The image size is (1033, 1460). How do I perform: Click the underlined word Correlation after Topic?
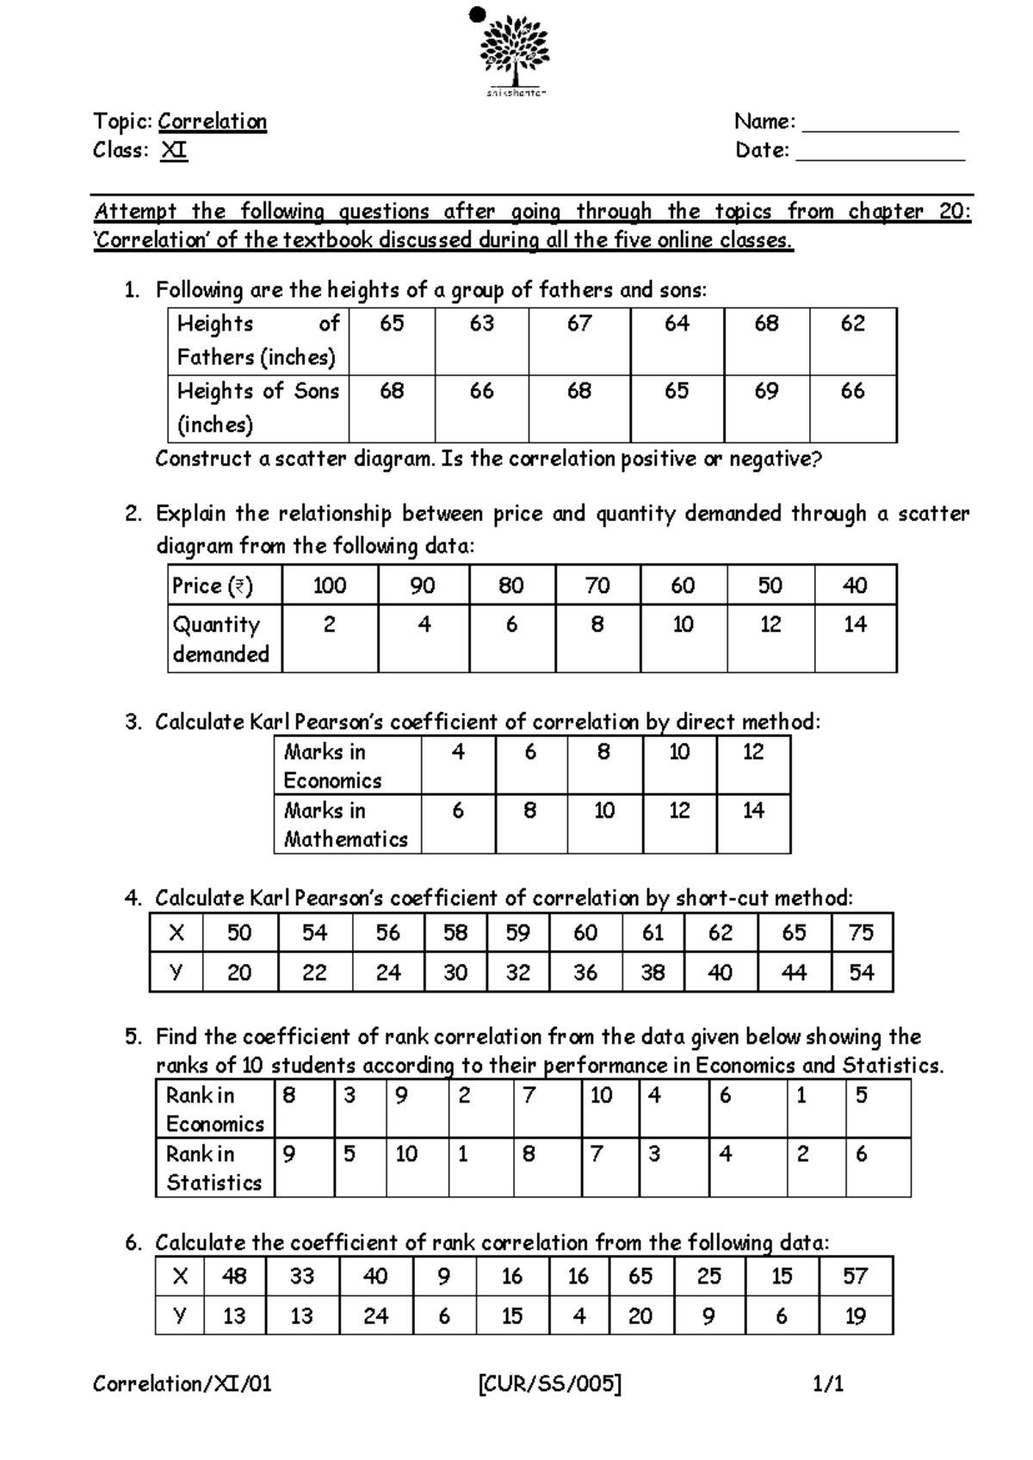212,121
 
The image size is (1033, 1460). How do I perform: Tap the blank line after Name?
880,126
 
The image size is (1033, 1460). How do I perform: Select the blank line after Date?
880,155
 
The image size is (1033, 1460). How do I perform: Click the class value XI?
174,151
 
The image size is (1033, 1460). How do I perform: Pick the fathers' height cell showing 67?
579,324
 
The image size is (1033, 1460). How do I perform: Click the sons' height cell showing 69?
766,391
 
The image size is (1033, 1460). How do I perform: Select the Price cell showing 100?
330,585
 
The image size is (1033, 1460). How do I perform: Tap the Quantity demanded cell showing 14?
855,624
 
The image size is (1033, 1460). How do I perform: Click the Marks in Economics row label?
332,765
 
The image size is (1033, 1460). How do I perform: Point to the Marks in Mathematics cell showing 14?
753,810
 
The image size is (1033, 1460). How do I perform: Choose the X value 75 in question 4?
861,932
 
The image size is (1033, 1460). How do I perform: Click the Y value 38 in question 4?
653,972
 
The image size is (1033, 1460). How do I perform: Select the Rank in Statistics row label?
213,1167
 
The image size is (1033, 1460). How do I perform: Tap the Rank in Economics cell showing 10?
601,1095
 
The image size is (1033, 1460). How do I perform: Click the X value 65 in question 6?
640,1276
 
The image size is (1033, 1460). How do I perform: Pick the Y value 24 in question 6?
375,1315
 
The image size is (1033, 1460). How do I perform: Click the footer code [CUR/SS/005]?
548,1383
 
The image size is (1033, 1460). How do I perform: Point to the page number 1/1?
828,1383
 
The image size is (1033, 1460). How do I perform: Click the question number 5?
133,1036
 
